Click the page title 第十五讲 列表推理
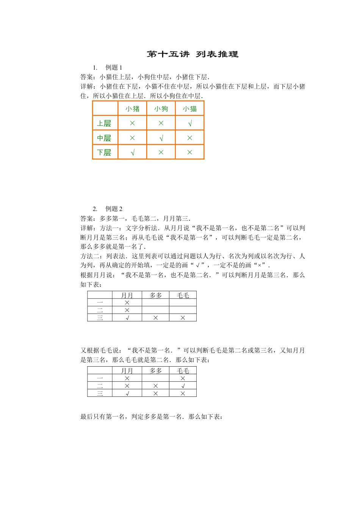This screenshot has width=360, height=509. (x=193, y=54)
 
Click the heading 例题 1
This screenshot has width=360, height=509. (x=114, y=67)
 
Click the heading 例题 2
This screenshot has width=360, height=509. (x=114, y=209)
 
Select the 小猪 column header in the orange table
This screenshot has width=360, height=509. (x=132, y=109)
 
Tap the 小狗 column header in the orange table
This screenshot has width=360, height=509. (x=161, y=109)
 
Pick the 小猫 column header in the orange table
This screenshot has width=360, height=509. (x=190, y=109)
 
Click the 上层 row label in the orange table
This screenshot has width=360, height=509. (x=104, y=123)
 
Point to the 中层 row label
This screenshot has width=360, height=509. (x=104, y=138)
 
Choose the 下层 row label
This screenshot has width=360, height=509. (x=104, y=152)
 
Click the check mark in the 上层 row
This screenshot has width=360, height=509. (x=190, y=123)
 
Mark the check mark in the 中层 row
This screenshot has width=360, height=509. (x=161, y=138)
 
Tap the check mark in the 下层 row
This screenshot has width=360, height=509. (x=132, y=152)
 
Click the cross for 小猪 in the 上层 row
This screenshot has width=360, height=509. (x=132, y=123)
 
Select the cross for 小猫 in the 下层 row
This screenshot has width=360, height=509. (x=190, y=152)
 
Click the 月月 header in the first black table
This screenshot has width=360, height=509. (x=127, y=295)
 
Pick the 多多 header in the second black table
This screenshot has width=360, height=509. (x=155, y=370)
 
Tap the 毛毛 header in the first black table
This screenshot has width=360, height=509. (x=183, y=295)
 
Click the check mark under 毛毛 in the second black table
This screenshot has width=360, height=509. (x=183, y=386)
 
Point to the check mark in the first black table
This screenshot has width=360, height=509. (x=127, y=318)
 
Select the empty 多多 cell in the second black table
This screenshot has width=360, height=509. (x=155, y=378)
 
